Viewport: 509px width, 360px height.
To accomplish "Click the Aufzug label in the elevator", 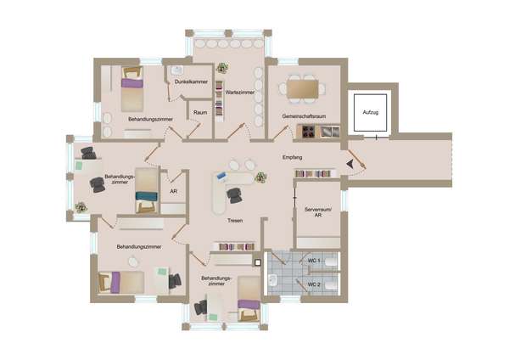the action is point(371,112).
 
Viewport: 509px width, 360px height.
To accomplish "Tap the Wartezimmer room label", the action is point(240,93).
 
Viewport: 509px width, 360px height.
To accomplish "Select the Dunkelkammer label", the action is point(191,82).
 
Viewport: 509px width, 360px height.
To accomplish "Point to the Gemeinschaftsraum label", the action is point(304,116).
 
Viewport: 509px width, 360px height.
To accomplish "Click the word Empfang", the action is point(292,157).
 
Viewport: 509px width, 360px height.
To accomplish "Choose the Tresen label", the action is point(235,221).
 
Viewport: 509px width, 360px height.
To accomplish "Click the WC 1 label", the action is point(314,261).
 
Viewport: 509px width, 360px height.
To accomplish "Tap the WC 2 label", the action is point(314,284).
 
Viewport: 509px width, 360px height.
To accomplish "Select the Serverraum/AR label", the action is point(318,212).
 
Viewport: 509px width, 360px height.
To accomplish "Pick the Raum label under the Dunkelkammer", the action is point(200,112).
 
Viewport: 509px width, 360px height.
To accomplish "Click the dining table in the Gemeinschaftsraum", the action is point(303,88).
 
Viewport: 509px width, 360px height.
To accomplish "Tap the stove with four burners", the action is point(309,132).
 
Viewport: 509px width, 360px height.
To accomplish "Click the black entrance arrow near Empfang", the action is point(350,164).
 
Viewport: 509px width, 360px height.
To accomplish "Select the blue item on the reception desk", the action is point(221,176).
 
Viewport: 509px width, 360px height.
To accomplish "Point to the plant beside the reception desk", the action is point(260,177).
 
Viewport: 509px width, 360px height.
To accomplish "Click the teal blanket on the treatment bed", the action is point(147,196).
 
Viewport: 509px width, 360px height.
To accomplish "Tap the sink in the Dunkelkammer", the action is point(177,70).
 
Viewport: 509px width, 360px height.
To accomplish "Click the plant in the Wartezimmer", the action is point(222,68).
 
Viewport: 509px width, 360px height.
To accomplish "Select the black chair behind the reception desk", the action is point(234,196).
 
